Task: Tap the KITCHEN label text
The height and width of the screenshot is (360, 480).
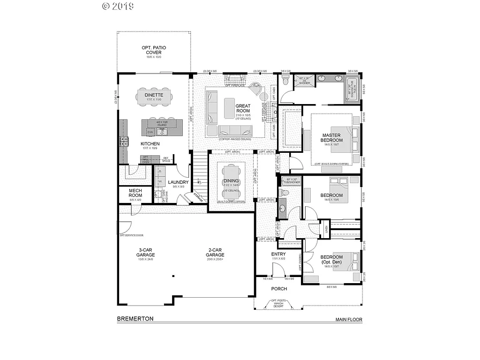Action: (150, 144)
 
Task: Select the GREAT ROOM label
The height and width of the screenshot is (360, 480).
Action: (243, 108)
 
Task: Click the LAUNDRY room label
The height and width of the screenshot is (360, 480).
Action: (178, 182)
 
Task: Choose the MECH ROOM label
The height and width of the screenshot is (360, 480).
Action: (135, 193)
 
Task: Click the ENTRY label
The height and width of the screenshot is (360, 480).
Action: (278, 255)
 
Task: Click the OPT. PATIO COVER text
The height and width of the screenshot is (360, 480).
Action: (154, 50)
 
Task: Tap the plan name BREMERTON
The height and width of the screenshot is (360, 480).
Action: (135, 318)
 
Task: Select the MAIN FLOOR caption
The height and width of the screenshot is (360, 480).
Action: (348, 320)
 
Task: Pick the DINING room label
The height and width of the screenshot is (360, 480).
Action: (231, 181)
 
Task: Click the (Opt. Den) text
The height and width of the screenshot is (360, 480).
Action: (331, 262)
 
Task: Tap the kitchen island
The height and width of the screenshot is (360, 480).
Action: (162, 127)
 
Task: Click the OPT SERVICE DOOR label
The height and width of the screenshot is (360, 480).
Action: (131, 235)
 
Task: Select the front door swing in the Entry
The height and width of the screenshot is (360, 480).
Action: (278, 269)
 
